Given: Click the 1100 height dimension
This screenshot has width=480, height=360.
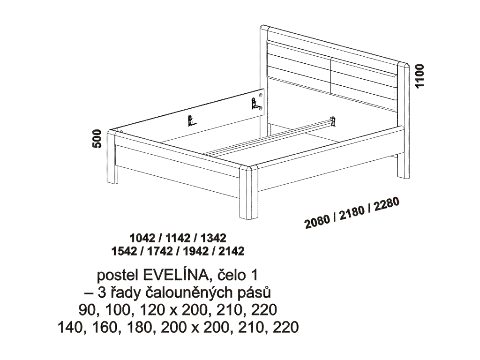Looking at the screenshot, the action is [x=420, y=76].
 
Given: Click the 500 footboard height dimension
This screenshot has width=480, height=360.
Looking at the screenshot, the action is [x=97, y=139].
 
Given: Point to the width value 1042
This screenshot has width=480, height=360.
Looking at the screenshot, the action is [x=142, y=238].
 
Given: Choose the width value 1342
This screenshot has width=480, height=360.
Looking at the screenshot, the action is [x=213, y=238].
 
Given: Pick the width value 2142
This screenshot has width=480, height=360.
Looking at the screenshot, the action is [x=232, y=251].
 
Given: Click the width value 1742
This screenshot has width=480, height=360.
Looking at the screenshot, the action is [x=160, y=251].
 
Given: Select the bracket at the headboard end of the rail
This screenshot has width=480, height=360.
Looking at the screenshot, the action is [x=255, y=103].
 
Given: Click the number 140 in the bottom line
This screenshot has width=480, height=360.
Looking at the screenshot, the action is [x=69, y=327].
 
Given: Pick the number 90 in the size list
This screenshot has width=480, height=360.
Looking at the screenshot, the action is [x=87, y=310].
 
